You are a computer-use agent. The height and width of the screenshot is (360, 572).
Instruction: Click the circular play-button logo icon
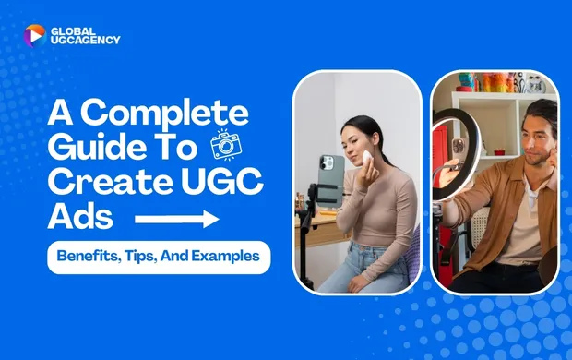point(34,35)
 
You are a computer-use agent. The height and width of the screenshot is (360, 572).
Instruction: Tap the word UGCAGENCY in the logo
point(87,41)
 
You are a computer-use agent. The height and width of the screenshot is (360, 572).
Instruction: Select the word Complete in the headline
point(163,114)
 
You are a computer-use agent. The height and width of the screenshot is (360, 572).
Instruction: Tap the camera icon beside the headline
point(224,146)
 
